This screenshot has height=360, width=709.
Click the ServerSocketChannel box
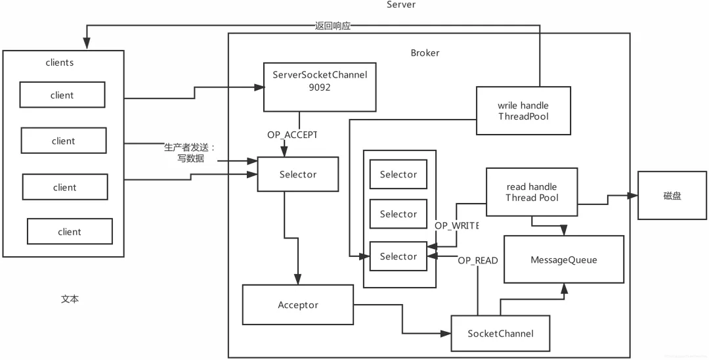pyautogui.click(x=320, y=87)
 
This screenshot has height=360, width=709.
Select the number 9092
pyautogui.click(x=320, y=87)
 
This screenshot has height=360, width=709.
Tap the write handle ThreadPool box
pyautogui.click(x=523, y=111)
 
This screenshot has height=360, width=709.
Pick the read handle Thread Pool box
pyautogui.click(x=532, y=192)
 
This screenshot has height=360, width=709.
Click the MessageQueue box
pyautogui.click(x=564, y=259)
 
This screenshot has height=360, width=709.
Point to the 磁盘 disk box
pyautogui.click(x=672, y=195)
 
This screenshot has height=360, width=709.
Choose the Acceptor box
pyautogui.click(x=298, y=305)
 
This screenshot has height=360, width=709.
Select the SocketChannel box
pyautogui.click(x=500, y=334)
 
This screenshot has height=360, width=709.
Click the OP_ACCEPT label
pyautogui.click(x=292, y=135)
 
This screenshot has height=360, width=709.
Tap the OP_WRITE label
pyautogui.click(x=456, y=225)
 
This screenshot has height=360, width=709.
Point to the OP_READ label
pyautogui.click(x=477, y=261)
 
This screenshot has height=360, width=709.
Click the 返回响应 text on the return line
pyautogui.click(x=333, y=26)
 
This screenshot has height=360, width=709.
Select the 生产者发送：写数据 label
pyautogui.click(x=190, y=153)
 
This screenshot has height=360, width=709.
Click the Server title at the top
pyautogui.click(x=401, y=5)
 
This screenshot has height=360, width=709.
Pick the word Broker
pyautogui.click(x=425, y=53)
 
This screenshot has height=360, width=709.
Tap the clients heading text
pyautogui.click(x=60, y=62)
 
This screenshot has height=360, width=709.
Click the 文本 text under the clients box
pyautogui.click(x=70, y=299)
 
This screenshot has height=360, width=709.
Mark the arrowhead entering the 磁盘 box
pyautogui.click(x=633, y=195)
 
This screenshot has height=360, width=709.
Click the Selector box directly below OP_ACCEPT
pyautogui.click(x=298, y=174)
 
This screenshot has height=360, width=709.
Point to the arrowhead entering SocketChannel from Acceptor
pyautogui.click(x=446, y=334)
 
